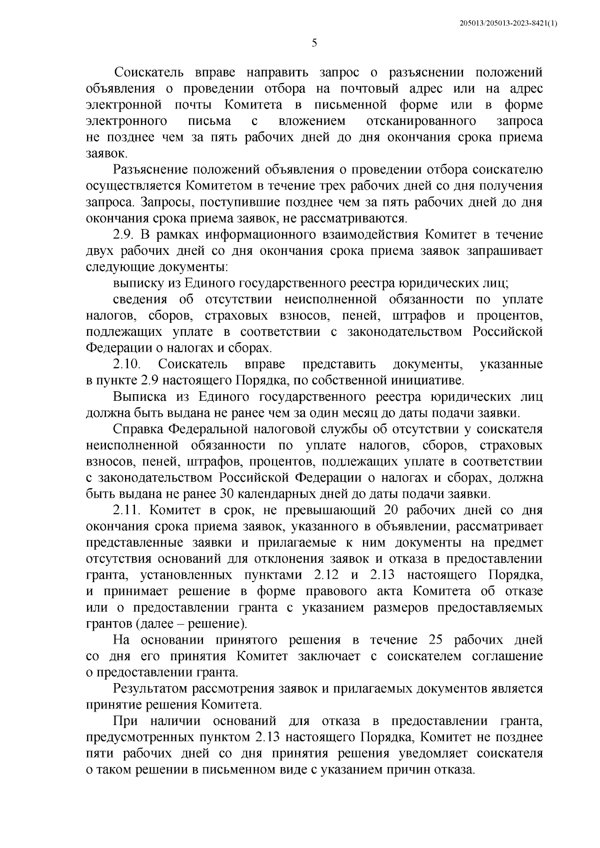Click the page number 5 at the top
pyautogui.click(x=314, y=43)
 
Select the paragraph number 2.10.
pyautogui.click(x=129, y=364)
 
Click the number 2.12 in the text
pyautogui.click(x=329, y=575)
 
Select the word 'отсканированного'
pyautogui.click(x=420, y=121)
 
